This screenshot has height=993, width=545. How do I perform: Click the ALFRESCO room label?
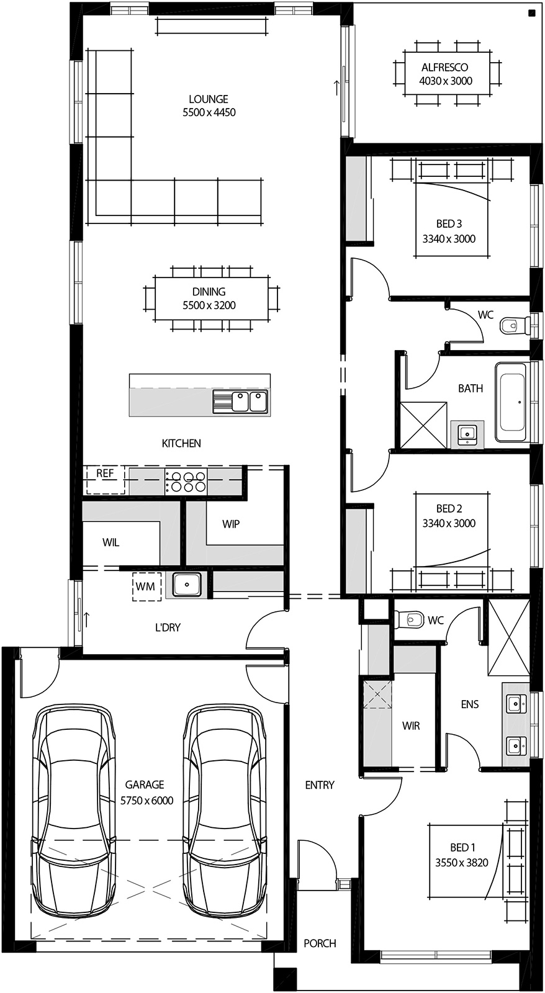445,67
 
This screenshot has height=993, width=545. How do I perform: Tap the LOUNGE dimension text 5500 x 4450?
209,112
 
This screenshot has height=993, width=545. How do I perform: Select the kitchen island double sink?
240,401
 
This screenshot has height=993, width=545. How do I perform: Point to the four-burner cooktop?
186,482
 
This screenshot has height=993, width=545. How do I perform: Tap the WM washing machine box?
146,586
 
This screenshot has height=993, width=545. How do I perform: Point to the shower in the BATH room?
423,425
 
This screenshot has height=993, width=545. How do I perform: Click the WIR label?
411,726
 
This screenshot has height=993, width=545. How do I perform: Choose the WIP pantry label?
231,524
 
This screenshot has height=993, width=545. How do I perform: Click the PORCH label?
320,943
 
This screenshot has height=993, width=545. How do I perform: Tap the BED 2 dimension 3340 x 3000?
449,523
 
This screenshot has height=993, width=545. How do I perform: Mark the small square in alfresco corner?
531,13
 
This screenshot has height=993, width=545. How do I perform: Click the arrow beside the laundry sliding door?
87,618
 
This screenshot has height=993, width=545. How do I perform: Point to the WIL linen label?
111,542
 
